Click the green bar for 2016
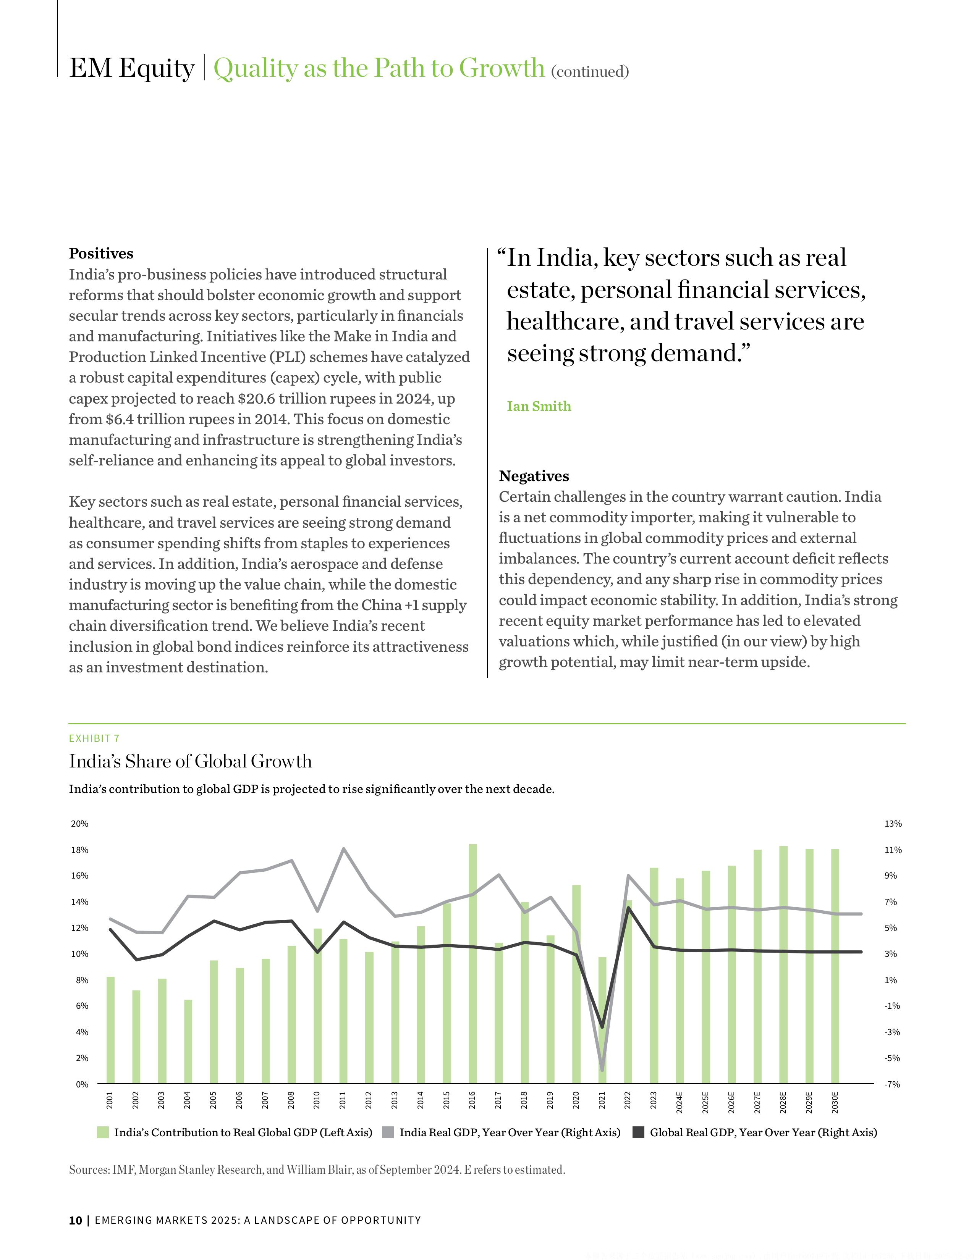coord(472,963)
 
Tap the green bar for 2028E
coord(783,964)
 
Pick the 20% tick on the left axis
coord(79,824)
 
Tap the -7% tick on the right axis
coord(892,1085)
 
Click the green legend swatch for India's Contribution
coord(103,1132)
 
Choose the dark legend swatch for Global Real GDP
coord(638,1132)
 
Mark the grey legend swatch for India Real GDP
coord(388,1132)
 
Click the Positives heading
coord(101,254)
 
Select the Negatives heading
coord(534,476)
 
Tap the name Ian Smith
coord(539,406)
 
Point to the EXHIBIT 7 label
coord(94,738)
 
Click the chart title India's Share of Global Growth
coord(191,762)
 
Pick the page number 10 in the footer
coord(75,1220)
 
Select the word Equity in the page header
coord(157,68)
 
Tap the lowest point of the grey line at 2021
coord(602,1070)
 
